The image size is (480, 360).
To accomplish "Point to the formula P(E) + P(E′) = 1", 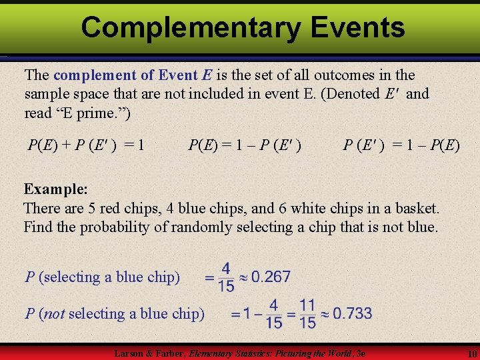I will click(x=86, y=145).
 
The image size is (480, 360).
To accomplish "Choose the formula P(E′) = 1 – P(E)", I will click(x=401, y=145).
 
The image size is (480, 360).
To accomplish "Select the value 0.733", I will click(x=352, y=313).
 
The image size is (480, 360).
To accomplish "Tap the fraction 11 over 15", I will click(x=307, y=313).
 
